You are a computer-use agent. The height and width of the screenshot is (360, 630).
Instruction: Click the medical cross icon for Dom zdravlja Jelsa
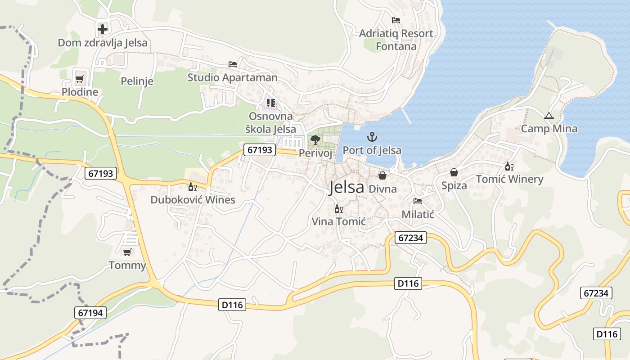pyautogui.click(x=103, y=29)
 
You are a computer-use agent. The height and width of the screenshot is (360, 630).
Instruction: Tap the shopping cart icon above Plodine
pyautogui.click(x=80, y=79)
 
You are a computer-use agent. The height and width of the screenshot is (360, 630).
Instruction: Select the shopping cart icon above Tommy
pyautogui.click(x=127, y=252)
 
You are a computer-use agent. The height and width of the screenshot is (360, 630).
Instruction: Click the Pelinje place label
pyautogui.click(x=137, y=81)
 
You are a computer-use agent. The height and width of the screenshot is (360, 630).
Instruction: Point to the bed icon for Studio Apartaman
pyautogui.click(x=233, y=64)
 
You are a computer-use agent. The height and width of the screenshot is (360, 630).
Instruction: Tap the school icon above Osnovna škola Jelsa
pyautogui.click(x=270, y=103)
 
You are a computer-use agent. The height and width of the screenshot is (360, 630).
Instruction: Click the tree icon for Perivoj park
pyautogui.click(x=315, y=140)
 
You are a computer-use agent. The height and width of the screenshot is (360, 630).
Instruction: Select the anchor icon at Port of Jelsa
pyautogui.click(x=372, y=137)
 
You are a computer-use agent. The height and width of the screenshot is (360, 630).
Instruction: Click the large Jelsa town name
pyautogui.click(x=346, y=187)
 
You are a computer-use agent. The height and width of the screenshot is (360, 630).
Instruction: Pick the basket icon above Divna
pyautogui.click(x=382, y=175)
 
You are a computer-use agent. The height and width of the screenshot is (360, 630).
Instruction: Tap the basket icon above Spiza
pyautogui.click(x=454, y=172)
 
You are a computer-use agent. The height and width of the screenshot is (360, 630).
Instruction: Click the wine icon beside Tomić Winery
pyautogui.click(x=509, y=166)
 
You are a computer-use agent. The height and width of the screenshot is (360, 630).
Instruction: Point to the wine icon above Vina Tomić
pyautogui.click(x=338, y=209)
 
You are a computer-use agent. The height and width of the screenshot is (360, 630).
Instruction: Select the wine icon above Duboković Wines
pyautogui.click(x=193, y=187)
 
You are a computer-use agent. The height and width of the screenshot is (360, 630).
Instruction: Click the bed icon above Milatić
pyautogui.click(x=418, y=201)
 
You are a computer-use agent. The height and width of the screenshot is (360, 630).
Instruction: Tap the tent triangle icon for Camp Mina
pyautogui.click(x=549, y=116)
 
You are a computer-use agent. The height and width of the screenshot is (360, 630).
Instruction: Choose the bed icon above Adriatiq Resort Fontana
pyautogui.click(x=396, y=20)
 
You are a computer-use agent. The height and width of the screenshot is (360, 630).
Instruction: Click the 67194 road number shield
pyautogui.click(x=90, y=313)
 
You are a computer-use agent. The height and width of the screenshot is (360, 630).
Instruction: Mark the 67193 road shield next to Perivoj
pyautogui.click(x=260, y=150)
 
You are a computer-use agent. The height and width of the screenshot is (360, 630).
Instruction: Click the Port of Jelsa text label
pyautogui.click(x=372, y=150)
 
